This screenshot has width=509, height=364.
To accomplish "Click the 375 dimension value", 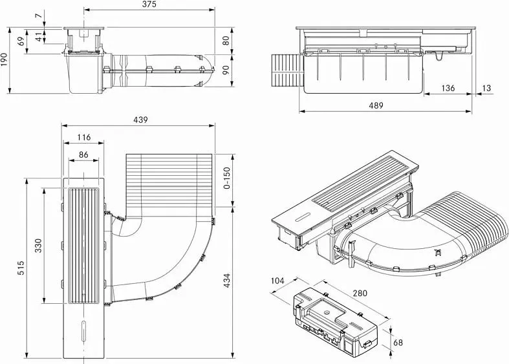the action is pyautogui.click(x=149, y=5).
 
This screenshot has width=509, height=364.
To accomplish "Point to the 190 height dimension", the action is pyautogui.click(x=4, y=59).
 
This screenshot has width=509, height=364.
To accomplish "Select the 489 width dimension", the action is pyautogui.click(x=376, y=105).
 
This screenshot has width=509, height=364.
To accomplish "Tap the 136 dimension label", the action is pyautogui.click(x=448, y=88).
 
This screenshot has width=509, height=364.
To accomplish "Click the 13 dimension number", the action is pyautogui.click(x=487, y=88).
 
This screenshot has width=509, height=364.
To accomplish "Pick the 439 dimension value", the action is pyautogui.click(x=140, y=120).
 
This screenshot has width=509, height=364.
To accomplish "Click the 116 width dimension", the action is pyautogui.click(x=83, y=137).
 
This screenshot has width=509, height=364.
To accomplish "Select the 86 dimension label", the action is pyautogui.click(x=83, y=155).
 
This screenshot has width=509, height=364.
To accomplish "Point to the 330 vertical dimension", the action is pyautogui.click(x=38, y=246).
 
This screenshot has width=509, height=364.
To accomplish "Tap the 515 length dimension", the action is pyautogui.click(x=21, y=268).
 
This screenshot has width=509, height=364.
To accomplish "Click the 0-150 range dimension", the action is pyautogui.click(x=227, y=178).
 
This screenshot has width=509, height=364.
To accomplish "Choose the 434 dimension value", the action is pyautogui.click(x=227, y=281).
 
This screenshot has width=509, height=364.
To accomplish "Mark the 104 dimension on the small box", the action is pyautogui.click(x=277, y=281).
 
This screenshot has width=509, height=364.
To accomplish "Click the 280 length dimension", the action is pyautogui.click(x=360, y=293).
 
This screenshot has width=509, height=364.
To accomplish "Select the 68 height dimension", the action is pyautogui.click(x=398, y=342).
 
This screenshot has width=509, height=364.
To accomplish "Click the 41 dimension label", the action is pyautogui.click(x=39, y=37).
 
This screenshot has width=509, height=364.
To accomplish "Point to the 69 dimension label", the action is pyautogui.click(x=21, y=41).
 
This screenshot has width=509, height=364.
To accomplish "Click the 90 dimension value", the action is pyautogui.click(x=226, y=70).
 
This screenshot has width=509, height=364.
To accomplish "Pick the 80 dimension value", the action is pyautogui.click(x=226, y=40).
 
